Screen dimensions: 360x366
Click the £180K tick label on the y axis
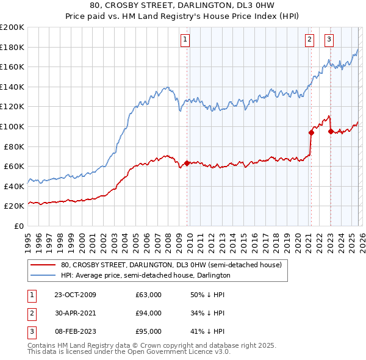click(x=12, y=47)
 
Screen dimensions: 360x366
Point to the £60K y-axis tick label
click(x=14, y=166)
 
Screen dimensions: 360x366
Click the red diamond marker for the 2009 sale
click(x=187, y=163)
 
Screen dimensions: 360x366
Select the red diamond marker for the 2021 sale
click(x=311, y=132)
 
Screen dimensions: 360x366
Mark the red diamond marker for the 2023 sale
click(x=331, y=131)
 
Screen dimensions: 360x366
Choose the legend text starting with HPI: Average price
click(x=145, y=276)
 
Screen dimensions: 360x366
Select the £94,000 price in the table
click(x=148, y=313)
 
